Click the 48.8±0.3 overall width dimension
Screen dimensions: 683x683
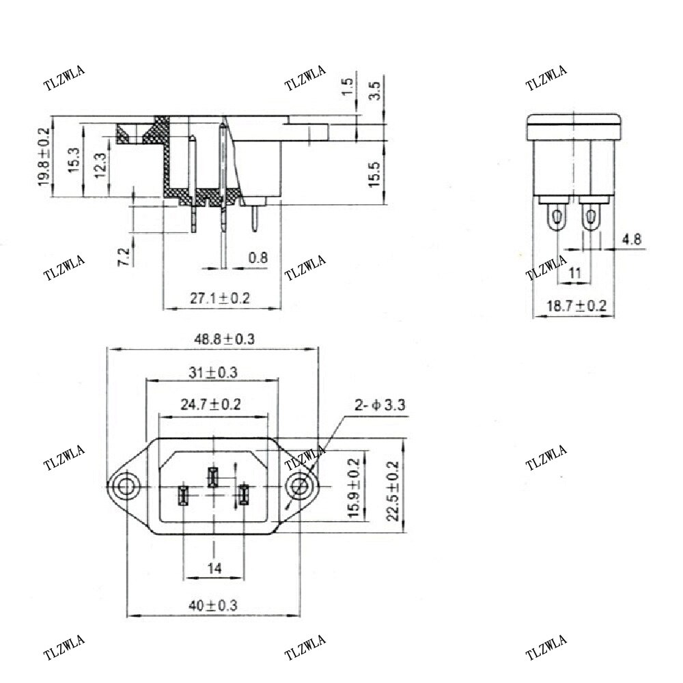pos(212,339)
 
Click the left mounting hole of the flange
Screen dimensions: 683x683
pos(126,488)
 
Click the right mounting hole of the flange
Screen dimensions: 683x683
pos(299,488)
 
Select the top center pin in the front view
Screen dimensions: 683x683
pos(212,477)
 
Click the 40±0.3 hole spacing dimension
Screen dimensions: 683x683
pos(212,604)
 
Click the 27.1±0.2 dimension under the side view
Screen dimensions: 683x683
pos(220,298)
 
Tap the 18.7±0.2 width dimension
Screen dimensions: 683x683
pos(576,306)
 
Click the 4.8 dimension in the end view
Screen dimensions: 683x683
pos(632,240)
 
